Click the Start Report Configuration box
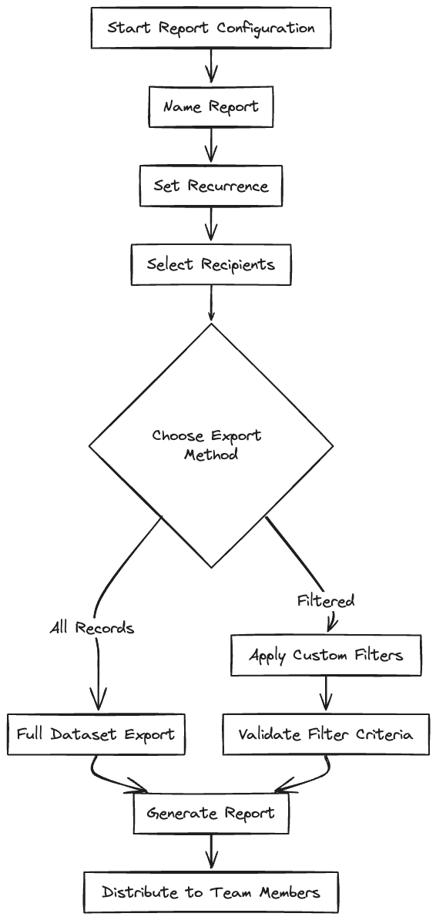210,28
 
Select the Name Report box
210,107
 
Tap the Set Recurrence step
210,186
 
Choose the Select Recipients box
210,264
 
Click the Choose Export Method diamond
210,446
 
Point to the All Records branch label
92,629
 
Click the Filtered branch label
326,601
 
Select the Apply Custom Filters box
326,655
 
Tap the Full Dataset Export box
96,734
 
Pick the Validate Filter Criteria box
326,734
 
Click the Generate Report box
210,813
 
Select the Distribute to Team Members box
210,892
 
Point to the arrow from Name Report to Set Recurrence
210,146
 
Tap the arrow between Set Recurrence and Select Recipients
210,225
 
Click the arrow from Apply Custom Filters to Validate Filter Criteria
327,694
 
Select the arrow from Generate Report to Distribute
210,852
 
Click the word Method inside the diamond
211,455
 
